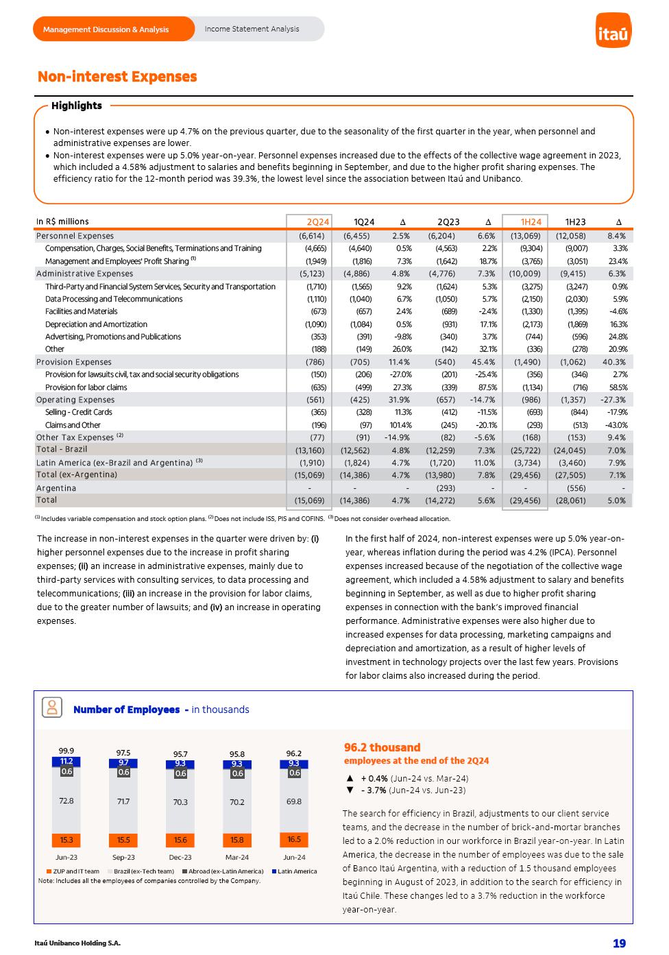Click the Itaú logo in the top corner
coord(613,31)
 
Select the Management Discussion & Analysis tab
coord(106,29)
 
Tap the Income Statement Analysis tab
coord(252,29)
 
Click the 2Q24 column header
coord(318,222)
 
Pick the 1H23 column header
coord(575,222)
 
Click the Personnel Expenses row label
coord(75,236)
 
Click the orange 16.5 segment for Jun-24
coord(293,839)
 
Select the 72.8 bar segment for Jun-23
coord(66,801)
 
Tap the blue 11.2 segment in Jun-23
coord(66,761)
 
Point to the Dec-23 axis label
coord(180,858)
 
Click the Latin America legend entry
coord(295,871)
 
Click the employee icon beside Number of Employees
coord(51,708)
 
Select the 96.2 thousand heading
coord(382,747)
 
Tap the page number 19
coord(619,943)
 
